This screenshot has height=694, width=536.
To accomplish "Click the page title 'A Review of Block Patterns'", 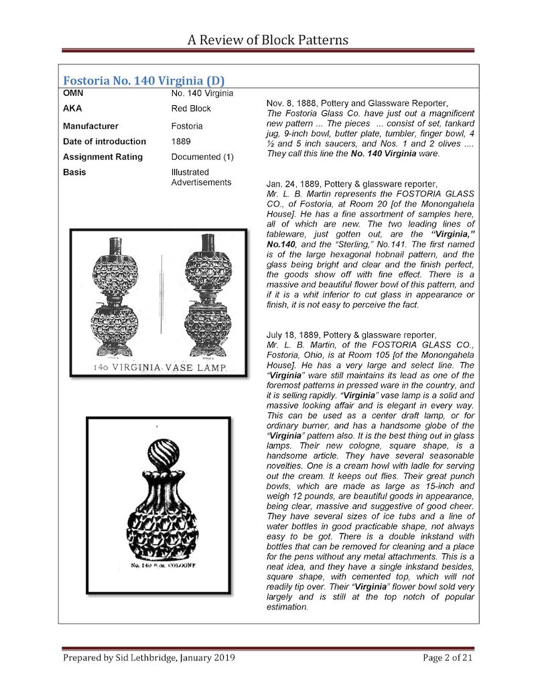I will (267, 40).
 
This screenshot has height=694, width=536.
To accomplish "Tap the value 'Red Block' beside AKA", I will (191, 109).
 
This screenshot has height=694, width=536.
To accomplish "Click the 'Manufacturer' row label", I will (90, 126).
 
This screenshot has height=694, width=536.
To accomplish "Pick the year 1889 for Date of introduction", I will (181, 141).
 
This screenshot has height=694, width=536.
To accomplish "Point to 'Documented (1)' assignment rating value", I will (202, 157).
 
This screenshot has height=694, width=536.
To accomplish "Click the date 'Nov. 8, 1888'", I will (291, 103).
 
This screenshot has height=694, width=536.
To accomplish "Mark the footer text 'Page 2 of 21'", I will (448, 658).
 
